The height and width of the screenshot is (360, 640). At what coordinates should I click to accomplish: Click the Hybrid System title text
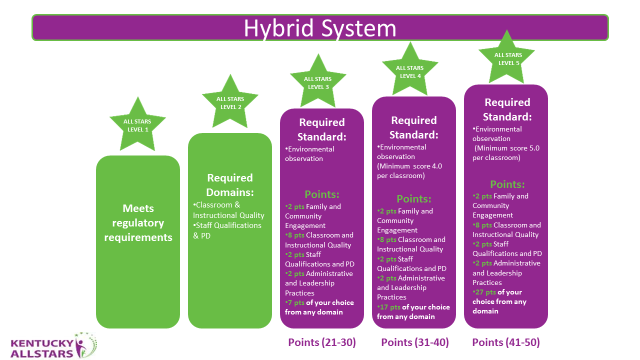point(320,28)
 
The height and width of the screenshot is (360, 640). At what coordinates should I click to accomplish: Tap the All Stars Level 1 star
point(137,125)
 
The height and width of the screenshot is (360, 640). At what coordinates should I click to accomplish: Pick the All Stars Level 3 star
point(318,82)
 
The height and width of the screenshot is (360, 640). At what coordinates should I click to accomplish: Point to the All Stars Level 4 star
point(410,71)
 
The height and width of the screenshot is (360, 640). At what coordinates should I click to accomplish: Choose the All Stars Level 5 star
point(506,58)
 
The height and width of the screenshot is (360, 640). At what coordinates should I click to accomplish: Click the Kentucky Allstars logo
point(53,345)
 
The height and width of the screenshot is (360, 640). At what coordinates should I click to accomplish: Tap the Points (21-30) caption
point(322,342)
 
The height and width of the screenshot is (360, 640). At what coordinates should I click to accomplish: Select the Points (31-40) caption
point(415,342)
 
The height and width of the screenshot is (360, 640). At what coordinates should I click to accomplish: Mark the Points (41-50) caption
point(506,342)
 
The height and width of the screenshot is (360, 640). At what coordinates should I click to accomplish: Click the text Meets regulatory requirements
point(138,223)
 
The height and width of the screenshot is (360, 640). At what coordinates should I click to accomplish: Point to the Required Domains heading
point(230,185)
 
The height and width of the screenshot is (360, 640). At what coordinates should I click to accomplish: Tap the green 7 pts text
point(295,302)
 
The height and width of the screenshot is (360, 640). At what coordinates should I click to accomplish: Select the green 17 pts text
point(388,307)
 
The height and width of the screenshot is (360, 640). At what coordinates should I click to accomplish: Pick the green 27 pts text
point(484,292)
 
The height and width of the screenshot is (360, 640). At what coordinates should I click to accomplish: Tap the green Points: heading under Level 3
point(322,194)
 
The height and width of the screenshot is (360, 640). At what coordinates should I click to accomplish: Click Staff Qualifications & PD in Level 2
point(227,230)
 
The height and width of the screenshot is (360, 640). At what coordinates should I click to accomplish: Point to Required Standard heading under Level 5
point(507,109)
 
